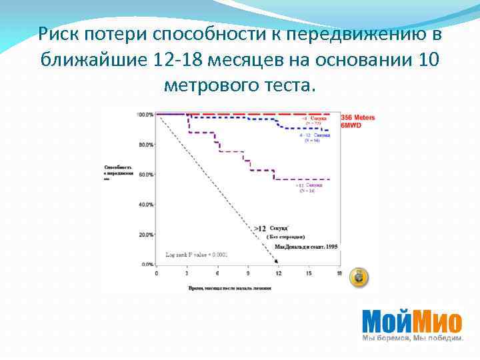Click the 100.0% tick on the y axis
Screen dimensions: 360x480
point(145,115)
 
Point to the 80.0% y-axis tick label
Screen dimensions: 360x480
point(145,145)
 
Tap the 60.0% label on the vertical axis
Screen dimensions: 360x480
point(145,175)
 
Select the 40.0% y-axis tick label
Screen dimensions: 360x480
point(145,205)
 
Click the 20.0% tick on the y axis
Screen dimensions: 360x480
point(145,235)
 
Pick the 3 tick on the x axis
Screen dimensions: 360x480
point(187,273)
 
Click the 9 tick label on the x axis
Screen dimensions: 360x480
point(248,273)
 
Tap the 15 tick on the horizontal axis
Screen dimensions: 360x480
point(309,273)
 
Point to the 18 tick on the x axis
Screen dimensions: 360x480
point(339,273)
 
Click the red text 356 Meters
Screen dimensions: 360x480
point(358,118)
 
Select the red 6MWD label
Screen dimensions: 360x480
point(351,125)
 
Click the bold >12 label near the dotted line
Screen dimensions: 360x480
point(260,229)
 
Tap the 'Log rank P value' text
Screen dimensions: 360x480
point(197,255)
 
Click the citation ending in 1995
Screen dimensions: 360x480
point(306,247)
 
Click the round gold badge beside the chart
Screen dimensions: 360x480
point(360,277)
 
